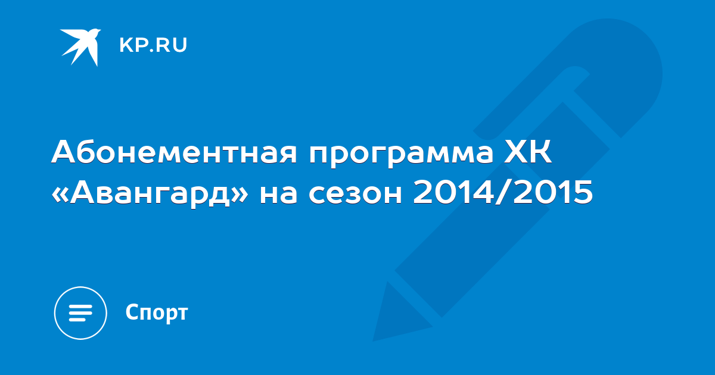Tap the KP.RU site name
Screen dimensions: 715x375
click(x=153, y=45)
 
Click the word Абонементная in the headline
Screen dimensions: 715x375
click(x=174, y=152)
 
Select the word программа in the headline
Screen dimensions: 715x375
click(x=401, y=155)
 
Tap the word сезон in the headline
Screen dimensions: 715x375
click(x=355, y=194)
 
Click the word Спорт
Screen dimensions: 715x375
click(x=157, y=313)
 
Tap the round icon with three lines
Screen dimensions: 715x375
click(x=80, y=313)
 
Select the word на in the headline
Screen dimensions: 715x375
click(x=279, y=194)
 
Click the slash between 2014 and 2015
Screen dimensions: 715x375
click(x=503, y=192)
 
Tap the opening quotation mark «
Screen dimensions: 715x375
click(x=60, y=194)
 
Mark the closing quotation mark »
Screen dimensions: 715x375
click(x=240, y=194)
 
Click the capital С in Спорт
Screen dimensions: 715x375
click(x=132, y=311)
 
